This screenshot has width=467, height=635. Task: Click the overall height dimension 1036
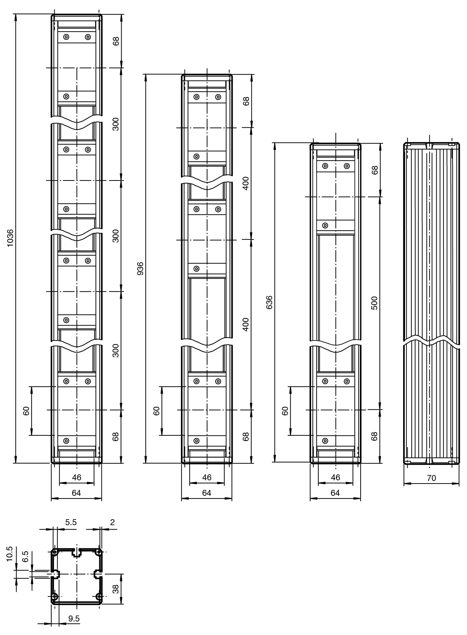tap(10, 238)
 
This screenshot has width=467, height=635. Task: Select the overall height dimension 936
tap(140, 269)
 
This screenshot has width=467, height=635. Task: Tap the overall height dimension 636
tap(269, 302)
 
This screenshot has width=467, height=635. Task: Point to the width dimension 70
tap(431, 478)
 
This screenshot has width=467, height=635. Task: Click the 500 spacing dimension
tap(374, 303)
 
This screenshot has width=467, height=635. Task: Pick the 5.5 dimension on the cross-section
tap(71, 522)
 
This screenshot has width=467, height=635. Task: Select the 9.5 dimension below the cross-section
tap(74, 619)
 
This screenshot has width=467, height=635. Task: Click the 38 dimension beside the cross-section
tap(116, 589)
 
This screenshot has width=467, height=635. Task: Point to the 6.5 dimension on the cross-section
tap(25, 557)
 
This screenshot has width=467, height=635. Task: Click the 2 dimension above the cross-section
tap(112, 522)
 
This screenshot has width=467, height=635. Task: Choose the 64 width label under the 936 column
tap(207, 493)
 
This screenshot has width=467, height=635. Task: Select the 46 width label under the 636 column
tap(336, 477)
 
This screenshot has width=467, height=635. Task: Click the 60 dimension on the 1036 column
tap(27, 411)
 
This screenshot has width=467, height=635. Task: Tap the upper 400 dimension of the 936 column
tap(246, 183)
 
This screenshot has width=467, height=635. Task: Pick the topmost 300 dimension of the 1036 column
tap(116, 124)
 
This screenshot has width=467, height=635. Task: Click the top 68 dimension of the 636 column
tap(375, 170)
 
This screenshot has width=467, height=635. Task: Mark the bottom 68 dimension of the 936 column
tap(246, 436)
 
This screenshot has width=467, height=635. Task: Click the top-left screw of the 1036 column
tap(66, 37)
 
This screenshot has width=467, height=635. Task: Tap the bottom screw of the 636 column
tap(325, 441)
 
